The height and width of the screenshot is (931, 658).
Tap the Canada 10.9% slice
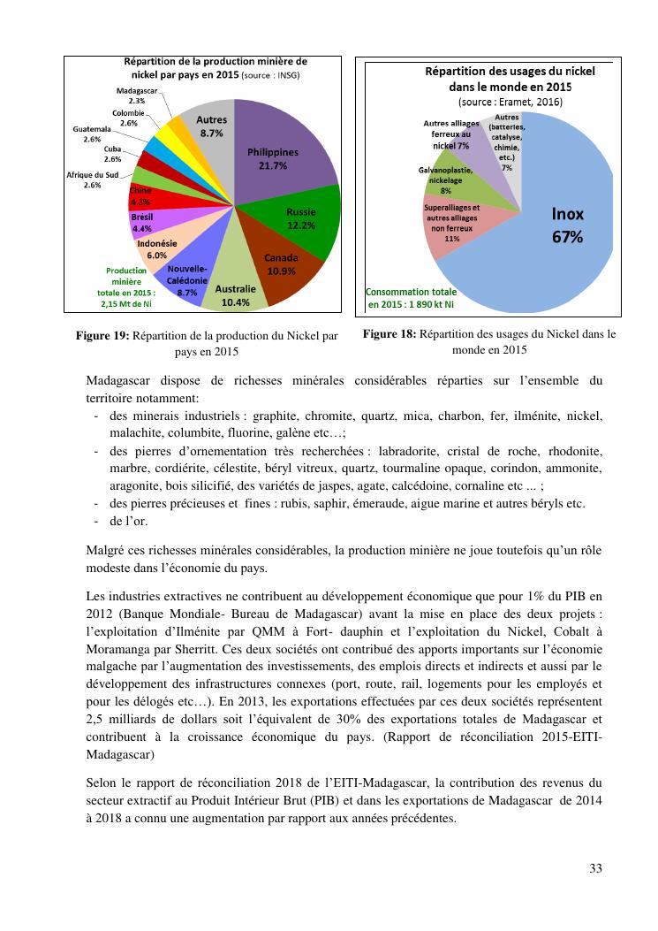point(280,263)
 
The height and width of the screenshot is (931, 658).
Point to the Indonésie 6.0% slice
point(157,248)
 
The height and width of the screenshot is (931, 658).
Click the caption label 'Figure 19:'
point(102,336)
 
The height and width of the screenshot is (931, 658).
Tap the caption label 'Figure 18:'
point(390,334)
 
